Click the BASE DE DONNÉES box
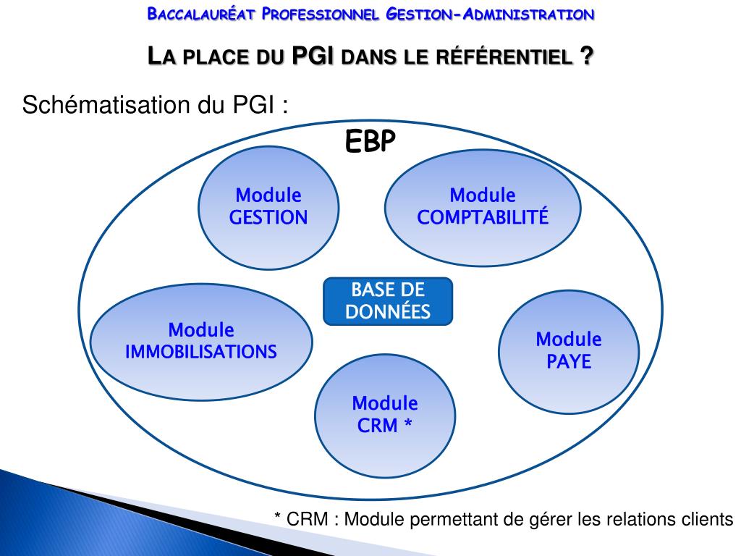coord(387,301)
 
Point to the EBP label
coord(370,143)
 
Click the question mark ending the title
coord(585,56)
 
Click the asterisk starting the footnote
coord(278,516)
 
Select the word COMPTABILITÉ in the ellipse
coord(483,217)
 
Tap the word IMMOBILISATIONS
coord(201,352)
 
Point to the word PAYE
coord(569,361)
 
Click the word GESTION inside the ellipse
coord(268,217)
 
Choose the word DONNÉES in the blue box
coord(387,312)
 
